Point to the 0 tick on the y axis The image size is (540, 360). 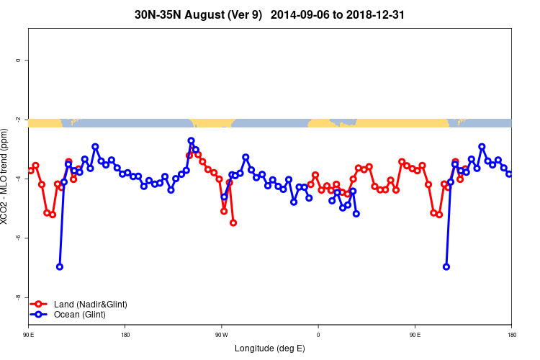17,60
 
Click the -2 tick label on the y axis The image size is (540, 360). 17,120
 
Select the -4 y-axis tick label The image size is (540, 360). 17,179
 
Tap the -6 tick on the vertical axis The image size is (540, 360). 17,238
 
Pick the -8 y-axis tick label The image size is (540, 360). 17,297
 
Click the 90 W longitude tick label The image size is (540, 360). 221,335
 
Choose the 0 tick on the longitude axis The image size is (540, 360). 318,335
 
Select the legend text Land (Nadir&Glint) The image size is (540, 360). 91,305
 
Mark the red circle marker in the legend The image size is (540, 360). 40,305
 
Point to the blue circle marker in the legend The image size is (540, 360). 40,315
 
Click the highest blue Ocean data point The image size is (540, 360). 191,141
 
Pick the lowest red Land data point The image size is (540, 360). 233,222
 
